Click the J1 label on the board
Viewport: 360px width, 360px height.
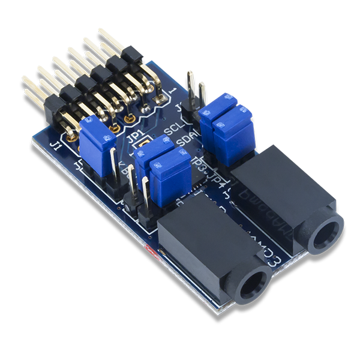tap(57, 146)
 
